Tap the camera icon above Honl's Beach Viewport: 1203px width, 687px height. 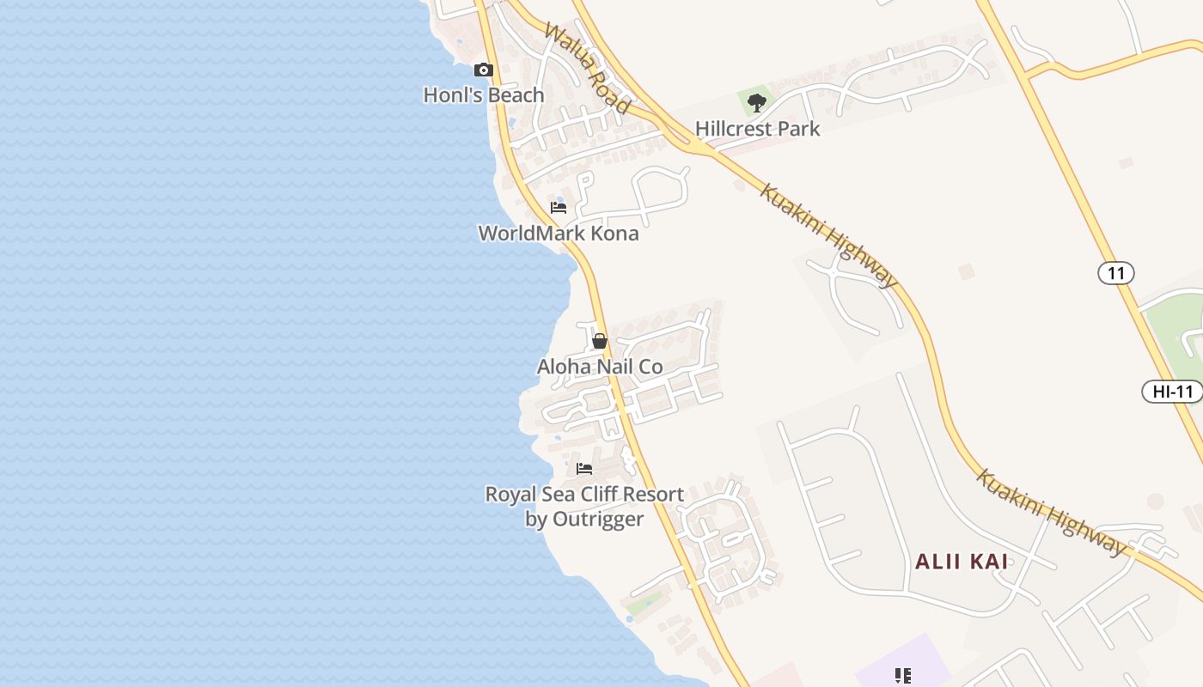[x=484, y=70]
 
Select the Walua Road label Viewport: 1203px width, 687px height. [x=588, y=69]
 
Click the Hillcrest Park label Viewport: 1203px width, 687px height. [x=757, y=129]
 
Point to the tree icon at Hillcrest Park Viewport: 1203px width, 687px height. [x=756, y=103]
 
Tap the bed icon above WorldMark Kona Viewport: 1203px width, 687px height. [x=559, y=208]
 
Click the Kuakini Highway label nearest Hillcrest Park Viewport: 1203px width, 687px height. [x=828, y=234]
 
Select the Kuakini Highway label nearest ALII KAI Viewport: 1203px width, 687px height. [x=1049, y=512]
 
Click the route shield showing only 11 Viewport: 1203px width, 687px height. [x=1115, y=273]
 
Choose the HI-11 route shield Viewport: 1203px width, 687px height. [x=1172, y=392]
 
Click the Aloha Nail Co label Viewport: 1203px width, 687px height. [x=600, y=367]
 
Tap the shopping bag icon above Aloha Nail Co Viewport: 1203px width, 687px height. [x=600, y=341]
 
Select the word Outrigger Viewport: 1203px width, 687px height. [x=596, y=520]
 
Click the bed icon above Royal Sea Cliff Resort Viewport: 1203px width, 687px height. [x=584, y=469]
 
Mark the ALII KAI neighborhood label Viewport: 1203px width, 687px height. [x=961, y=562]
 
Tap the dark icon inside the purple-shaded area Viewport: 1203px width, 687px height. [x=902, y=676]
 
